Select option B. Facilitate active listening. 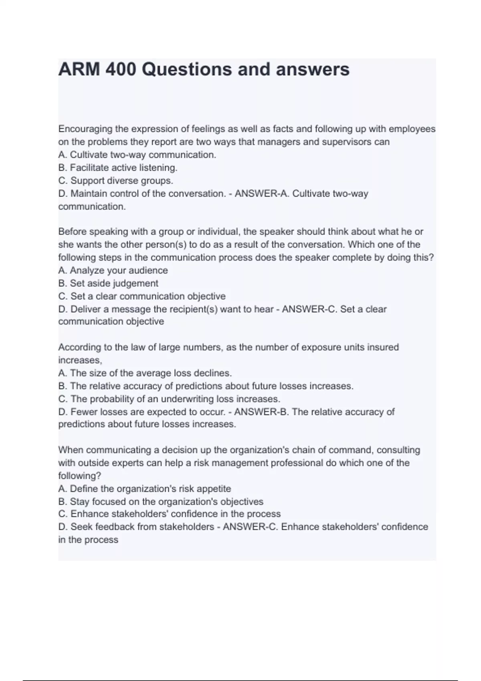[118, 167]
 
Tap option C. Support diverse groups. [116, 181]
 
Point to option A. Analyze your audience [113, 270]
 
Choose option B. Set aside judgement [108, 283]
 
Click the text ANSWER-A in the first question [261, 193]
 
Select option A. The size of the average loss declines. [145, 373]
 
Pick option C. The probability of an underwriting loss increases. [169, 399]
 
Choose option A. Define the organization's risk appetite [145, 489]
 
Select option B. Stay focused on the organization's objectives [161, 502]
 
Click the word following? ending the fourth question [80, 476]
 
